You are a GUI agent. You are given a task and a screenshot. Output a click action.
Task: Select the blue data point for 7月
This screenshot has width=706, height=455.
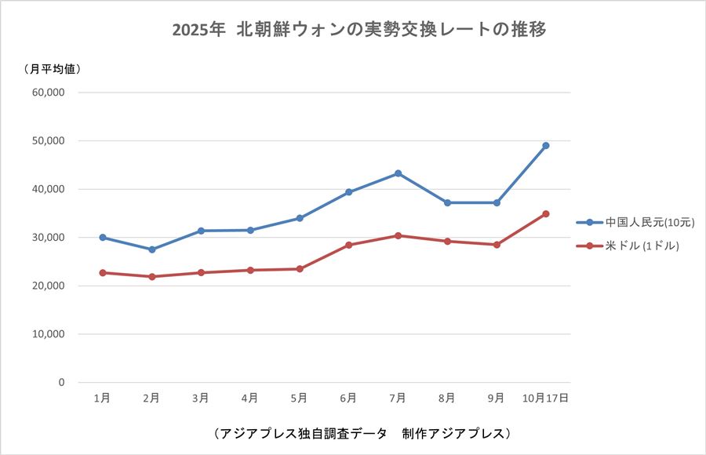tap(398, 173)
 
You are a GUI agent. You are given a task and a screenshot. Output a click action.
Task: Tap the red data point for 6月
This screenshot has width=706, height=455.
tap(348, 245)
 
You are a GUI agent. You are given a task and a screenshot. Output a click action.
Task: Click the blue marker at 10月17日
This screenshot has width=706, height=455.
tap(545, 145)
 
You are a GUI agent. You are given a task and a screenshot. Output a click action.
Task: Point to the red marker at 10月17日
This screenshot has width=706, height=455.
tap(545, 213)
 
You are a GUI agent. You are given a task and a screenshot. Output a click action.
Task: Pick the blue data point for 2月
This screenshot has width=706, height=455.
tap(151, 249)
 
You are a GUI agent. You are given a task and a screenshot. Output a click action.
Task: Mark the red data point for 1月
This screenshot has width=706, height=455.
tap(102, 272)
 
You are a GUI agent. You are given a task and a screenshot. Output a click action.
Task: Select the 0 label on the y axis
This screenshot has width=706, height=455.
tap(60, 383)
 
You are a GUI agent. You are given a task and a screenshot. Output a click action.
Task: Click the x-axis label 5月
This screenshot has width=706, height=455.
tap(299, 399)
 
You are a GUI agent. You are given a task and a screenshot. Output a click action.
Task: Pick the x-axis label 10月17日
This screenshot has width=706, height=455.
tap(545, 399)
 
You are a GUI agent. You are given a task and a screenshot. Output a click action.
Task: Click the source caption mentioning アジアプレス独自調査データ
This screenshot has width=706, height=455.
tap(362, 433)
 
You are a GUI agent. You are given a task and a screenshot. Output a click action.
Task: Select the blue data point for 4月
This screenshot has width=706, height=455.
tap(250, 230)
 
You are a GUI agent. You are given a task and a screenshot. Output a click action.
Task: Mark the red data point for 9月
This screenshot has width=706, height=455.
tap(496, 245)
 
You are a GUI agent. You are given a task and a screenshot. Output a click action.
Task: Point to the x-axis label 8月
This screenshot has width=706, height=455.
tap(446, 399)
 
